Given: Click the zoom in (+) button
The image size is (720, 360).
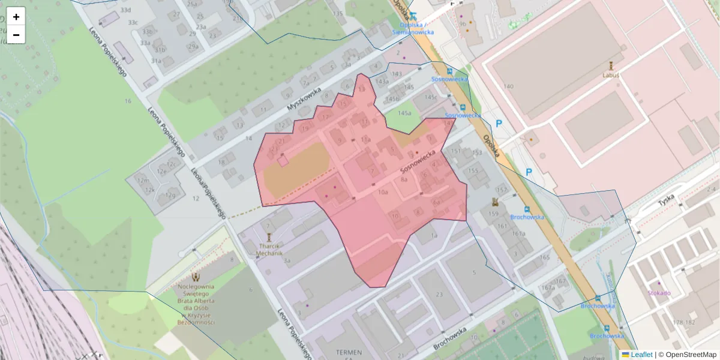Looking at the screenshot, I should [x=16, y=17].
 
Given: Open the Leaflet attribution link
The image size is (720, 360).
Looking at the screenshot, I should [x=641, y=355].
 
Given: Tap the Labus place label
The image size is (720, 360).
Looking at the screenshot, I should [x=611, y=76].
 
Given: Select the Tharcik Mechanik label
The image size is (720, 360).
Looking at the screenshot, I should [x=269, y=250].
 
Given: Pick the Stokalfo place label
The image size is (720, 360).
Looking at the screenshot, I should [x=659, y=293].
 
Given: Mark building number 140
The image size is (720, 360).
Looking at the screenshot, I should [x=509, y=87].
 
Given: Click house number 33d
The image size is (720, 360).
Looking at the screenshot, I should [x=125, y=11].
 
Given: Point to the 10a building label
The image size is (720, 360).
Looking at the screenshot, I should [x=383, y=193].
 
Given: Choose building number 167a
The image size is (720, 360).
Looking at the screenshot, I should [x=548, y=287].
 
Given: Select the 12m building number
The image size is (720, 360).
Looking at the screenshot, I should [x=143, y=180].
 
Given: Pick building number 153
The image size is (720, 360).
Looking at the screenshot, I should [x=477, y=153].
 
